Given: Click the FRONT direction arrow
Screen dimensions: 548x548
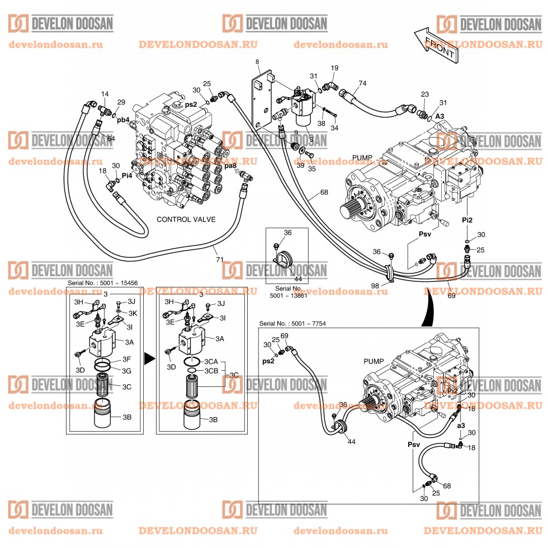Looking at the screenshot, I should point(436,44).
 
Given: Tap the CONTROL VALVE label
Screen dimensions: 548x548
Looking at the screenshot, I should point(186,219).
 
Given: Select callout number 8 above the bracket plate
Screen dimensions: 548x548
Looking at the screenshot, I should point(257,61).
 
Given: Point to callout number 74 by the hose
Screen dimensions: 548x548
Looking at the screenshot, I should point(362,83).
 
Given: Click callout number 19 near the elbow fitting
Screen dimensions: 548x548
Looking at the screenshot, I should point(334,68).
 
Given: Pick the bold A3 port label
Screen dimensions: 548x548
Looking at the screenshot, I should point(440,116).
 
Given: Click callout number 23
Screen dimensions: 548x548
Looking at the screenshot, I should point(425,95).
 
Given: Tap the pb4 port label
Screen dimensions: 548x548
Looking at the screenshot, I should point(123,119).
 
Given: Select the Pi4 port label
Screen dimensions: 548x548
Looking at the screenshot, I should point(127,175).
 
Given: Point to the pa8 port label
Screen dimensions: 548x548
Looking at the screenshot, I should point(230,166).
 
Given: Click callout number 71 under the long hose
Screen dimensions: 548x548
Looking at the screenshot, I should point(220,259).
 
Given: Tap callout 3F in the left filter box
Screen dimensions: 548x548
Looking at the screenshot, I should point(126,359).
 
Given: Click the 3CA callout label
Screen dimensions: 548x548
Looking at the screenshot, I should point(211,362).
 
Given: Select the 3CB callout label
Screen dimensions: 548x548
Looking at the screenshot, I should point(211,371).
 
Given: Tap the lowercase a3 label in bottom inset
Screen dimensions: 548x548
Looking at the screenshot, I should point(461,426).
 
